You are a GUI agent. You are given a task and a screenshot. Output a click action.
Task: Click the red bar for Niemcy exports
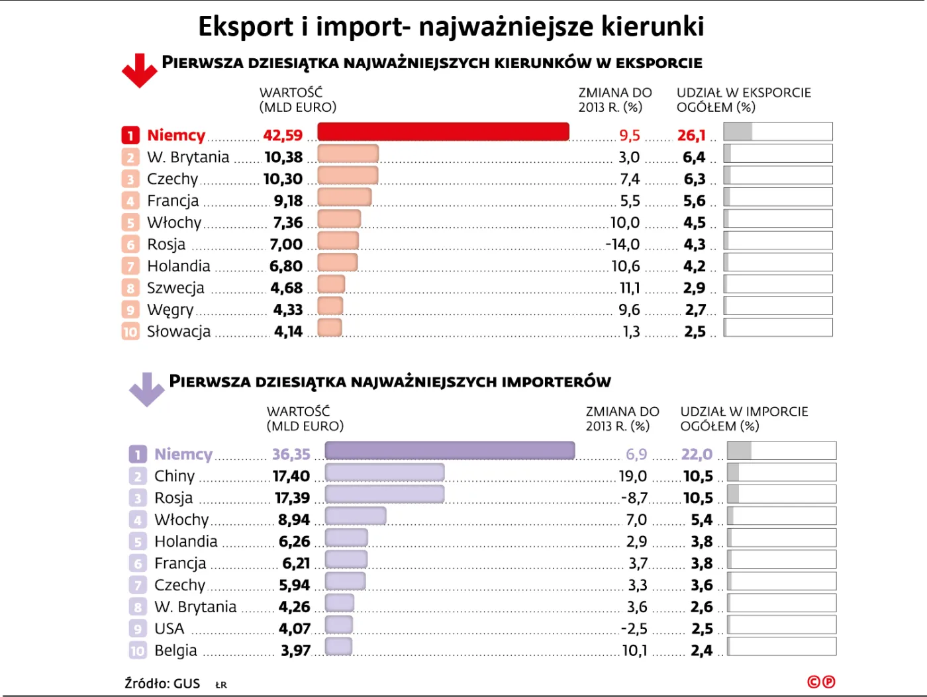click(443, 132)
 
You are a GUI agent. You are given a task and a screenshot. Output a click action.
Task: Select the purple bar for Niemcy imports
click(450, 451)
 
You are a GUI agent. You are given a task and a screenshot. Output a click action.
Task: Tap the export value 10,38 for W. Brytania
click(283, 158)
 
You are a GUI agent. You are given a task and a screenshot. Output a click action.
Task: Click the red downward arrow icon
click(139, 70)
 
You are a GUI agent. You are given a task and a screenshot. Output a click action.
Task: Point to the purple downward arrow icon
click(146, 389)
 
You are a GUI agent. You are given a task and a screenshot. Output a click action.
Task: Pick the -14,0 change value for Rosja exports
click(622, 245)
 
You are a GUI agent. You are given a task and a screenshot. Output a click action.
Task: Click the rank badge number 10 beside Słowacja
click(130, 332)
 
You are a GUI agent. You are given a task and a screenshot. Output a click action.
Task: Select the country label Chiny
click(175, 477)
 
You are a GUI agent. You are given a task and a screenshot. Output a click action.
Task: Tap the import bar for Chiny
click(385, 473)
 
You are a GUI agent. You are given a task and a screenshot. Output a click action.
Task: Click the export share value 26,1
click(691, 136)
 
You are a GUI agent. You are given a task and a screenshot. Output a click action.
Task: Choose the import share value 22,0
click(697, 455)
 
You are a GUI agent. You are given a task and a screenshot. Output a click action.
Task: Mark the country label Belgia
click(175, 651)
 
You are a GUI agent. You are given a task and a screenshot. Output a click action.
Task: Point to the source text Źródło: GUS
click(162, 684)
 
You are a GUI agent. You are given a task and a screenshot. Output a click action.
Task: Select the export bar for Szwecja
click(331, 284)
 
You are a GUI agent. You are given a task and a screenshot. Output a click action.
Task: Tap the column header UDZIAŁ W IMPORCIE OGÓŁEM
click(744, 419)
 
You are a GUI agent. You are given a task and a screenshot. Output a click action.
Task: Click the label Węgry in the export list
click(170, 310)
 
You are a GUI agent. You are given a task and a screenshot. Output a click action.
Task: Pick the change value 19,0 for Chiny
click(632, 477)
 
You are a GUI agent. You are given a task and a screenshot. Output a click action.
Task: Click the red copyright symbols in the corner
click(821, 682)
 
